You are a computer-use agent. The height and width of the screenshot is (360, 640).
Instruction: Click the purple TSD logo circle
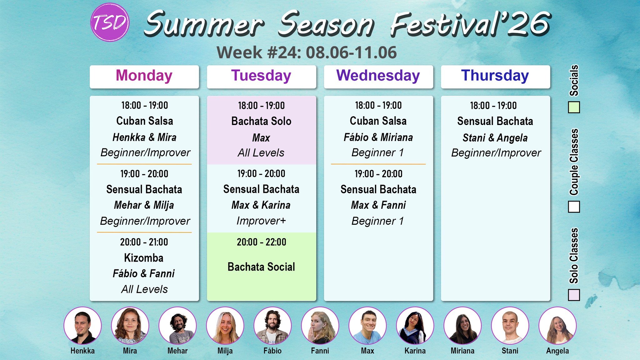[x=110, y=22]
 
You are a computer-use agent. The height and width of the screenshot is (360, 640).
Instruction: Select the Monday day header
[x=144, y=76]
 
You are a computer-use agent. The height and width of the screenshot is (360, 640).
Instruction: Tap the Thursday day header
[x=495, y=76]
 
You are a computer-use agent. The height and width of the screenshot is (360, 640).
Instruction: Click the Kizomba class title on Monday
[x=144, y=258]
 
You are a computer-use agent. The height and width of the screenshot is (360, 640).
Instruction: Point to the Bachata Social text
[x=261, y=267]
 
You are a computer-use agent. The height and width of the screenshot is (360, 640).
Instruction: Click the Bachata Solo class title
[x=261, y=121]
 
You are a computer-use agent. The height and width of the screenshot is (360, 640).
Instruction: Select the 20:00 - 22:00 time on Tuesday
[x=261, y=242]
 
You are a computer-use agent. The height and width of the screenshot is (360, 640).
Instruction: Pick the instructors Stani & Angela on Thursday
[x=495, y=138]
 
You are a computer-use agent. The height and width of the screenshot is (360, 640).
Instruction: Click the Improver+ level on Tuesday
[x=261, y=221]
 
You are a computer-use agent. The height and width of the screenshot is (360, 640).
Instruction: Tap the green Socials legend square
[x=574, y=107]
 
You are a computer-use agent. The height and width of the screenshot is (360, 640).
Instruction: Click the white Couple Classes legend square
[x=574, y=207]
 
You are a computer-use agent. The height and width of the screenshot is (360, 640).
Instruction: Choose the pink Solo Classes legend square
[x=574, y=295]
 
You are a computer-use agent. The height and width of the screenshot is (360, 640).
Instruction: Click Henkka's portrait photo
[x=82, y=326]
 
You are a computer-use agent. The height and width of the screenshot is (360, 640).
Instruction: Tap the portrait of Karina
[x=415, y=326]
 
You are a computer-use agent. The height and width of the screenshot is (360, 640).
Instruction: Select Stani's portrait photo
[x=510, y=326]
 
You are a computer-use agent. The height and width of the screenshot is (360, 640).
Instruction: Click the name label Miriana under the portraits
[x=462, y=351]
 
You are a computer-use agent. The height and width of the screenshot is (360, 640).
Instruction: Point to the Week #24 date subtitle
[x=307, y=52]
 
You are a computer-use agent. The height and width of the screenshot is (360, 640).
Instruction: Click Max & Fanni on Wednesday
[x=378, y=205]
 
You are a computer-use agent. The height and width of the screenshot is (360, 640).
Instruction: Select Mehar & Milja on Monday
[x=144, y=205]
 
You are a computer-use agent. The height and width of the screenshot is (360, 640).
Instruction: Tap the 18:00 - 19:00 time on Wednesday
[x=378, y=106]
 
